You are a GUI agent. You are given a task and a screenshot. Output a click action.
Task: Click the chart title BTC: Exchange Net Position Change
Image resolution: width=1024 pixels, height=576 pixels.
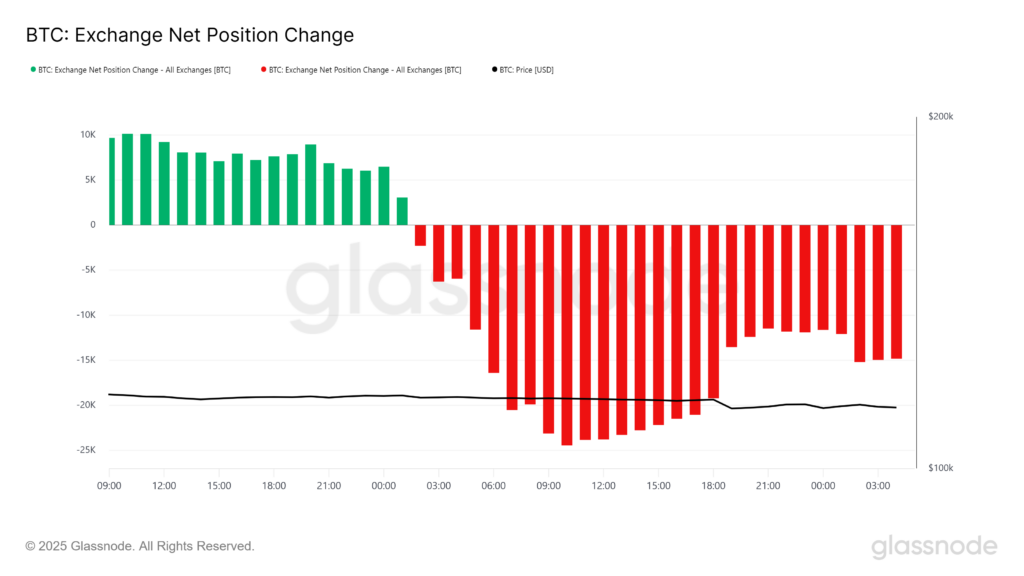(x=189, y=36)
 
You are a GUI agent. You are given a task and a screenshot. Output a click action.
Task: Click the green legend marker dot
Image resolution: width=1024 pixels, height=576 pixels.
(x=33, y=70)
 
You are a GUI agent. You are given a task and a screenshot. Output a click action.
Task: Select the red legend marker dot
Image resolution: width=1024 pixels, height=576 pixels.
(x=263, y=70)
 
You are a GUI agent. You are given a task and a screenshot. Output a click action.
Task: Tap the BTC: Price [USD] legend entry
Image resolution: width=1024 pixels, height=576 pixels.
(x=526, y=70)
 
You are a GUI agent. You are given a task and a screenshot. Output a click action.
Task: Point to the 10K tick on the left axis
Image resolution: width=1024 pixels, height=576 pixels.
(x=88, y=134)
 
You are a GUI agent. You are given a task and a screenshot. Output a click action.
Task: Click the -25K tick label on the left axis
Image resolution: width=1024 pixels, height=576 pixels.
(x=86, y=450)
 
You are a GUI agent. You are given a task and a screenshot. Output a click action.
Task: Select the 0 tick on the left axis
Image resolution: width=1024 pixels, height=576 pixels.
(x=92, y=225)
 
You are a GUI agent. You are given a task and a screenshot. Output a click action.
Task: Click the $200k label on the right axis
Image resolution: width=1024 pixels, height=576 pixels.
(x=941, y=117)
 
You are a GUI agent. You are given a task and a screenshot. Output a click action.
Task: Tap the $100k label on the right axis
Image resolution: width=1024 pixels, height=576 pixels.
(x=941, y=468)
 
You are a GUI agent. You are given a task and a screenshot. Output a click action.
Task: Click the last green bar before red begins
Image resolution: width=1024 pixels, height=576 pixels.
(x=402, y=211)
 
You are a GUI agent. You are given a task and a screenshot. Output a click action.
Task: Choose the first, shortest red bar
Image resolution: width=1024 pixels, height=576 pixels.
(x=420, y=235)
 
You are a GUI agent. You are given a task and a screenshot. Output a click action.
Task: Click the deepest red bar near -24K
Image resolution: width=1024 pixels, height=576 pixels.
(x=566, y=335)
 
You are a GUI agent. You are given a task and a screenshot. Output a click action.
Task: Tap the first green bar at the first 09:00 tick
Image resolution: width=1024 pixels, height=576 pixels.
(x=111, y=181)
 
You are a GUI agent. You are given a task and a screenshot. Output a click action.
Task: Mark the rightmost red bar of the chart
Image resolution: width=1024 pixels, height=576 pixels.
(x=896, y=291)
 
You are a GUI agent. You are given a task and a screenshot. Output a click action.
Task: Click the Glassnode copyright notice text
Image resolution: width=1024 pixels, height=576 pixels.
(x=139, y=546)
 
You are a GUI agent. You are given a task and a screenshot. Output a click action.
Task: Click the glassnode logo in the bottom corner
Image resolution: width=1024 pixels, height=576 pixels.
(x=933, y=546)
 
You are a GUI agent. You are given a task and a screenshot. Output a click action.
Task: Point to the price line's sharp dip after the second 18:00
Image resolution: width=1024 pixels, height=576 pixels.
(x=731, y=408)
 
